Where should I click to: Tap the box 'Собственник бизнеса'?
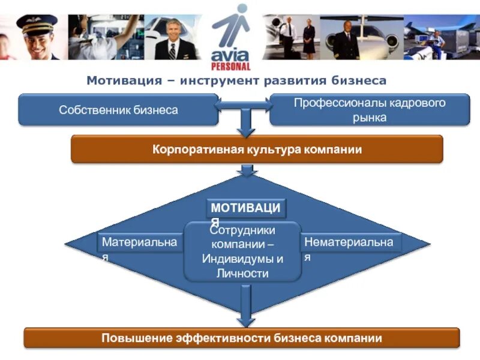118,110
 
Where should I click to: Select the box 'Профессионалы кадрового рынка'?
369,110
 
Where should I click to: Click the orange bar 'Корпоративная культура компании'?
257,149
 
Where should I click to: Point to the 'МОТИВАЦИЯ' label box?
247,208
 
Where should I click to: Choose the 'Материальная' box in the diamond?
139,242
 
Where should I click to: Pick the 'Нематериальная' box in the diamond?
350,242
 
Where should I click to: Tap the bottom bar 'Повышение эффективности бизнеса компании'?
241,338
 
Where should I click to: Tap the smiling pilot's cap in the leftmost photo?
36,23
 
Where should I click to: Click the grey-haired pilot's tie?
172,50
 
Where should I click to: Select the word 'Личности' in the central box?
242,274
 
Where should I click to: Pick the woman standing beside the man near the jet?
308,37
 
